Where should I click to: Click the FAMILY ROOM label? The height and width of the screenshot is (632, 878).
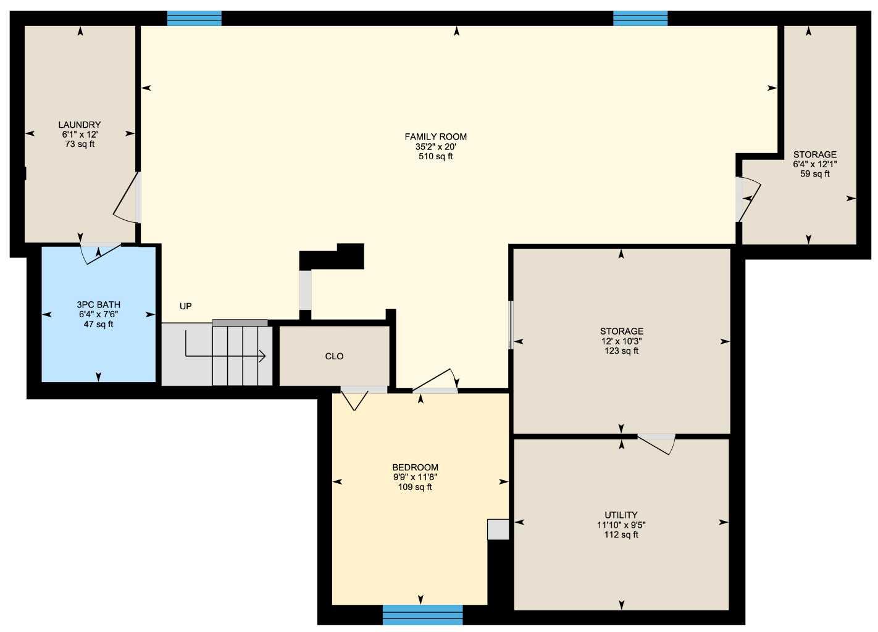435,136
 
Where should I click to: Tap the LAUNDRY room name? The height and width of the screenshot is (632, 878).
80,125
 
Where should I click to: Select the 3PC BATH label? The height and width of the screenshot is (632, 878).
98,304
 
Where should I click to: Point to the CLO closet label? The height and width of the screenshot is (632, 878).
334,356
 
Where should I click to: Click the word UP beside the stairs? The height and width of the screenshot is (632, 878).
185,306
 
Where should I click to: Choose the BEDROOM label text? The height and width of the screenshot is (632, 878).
415,467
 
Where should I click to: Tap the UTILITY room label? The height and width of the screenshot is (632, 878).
621,515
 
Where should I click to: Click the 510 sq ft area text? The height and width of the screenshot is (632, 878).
435,157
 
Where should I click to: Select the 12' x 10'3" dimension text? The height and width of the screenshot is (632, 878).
621,341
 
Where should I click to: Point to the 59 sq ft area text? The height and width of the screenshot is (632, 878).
815,174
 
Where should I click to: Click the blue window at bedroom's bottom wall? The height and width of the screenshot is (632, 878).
422,614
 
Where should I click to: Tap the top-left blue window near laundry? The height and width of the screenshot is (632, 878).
194,19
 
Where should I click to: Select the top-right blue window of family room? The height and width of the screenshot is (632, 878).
640,19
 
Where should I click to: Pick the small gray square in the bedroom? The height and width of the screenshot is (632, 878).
498,530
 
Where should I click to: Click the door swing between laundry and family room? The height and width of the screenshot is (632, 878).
127,199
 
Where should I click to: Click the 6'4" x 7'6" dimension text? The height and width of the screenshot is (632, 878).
98,314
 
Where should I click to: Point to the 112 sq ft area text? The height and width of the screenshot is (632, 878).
621,534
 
